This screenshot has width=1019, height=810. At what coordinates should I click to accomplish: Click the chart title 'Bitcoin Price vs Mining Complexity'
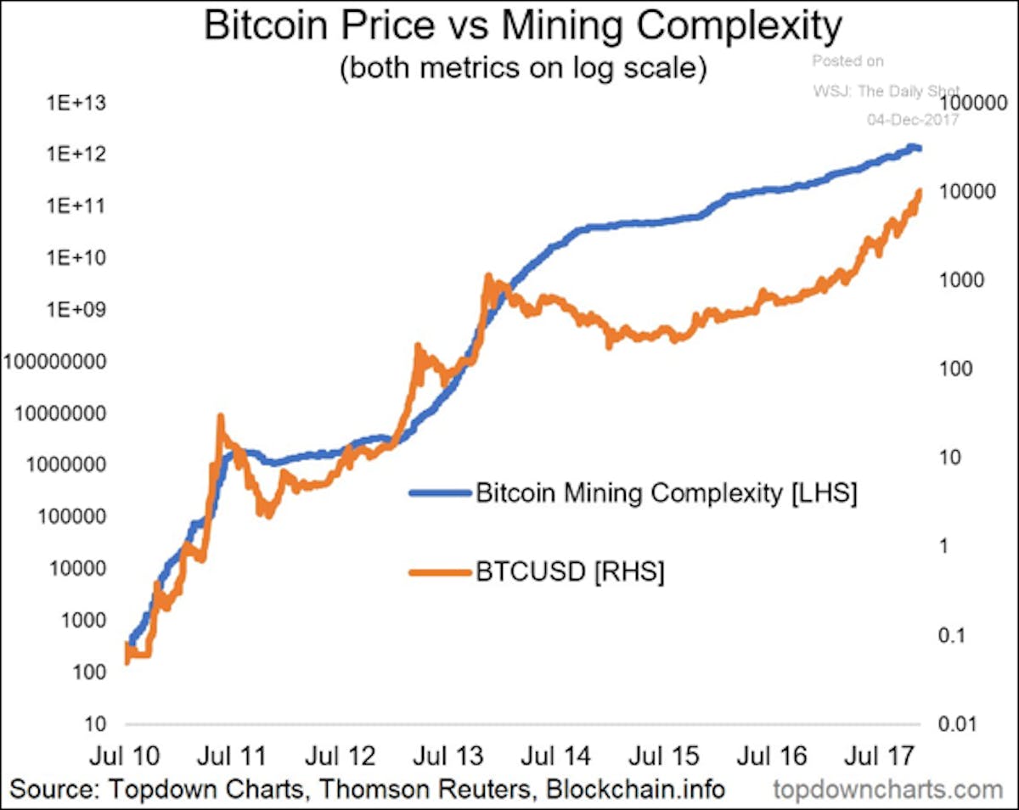(x=522, y=27)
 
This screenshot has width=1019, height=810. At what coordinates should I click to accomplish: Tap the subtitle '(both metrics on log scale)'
(x=523, y=68)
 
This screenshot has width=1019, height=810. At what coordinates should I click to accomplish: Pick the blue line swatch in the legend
(x=438, y=493)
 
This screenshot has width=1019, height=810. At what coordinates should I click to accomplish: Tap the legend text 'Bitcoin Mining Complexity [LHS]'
(x=667, y=493)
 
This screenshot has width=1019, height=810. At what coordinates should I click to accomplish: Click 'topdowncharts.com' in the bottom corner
(x=888, y=790)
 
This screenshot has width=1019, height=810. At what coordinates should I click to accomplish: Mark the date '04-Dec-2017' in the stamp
(x=912, y=120)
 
